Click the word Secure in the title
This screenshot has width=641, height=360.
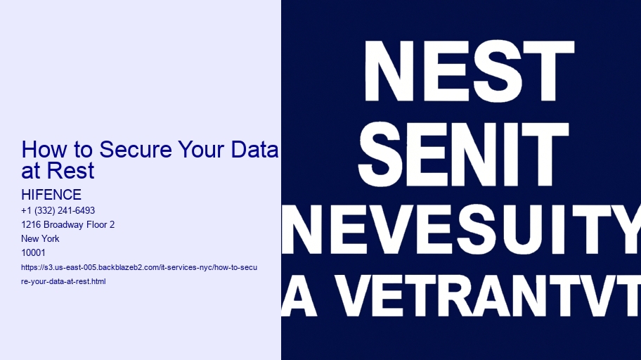tap(136, 149)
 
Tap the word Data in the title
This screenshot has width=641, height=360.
tap(254, 149)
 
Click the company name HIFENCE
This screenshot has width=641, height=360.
tap(51, 194)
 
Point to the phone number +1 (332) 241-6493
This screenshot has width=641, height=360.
tap(58, 210)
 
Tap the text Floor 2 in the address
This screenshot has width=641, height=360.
tap(101, 224)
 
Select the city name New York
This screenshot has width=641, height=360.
tap(40, 238)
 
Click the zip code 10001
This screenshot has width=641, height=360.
tap(33, 253)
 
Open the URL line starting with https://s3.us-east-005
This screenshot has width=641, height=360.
tap(139, 268)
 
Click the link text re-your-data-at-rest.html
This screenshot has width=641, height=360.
tap(63, 281)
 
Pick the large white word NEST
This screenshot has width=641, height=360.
tap(470, 71)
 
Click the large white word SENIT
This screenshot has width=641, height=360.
tap(463, 155)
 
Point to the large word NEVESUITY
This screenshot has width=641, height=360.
tap(461, 229)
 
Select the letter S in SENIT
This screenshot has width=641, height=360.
tap(382, 155)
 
